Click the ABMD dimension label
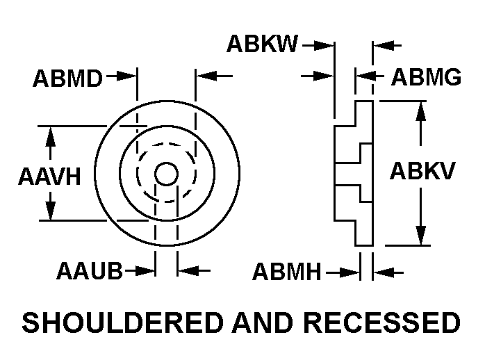(67, 79)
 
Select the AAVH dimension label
(49, 177)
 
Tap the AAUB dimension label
(90, 271)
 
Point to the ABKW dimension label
(262, 45)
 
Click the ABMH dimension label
(287, 272)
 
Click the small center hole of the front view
(165, 174)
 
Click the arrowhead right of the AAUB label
(147, 270)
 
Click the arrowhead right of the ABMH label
(353, 272)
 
